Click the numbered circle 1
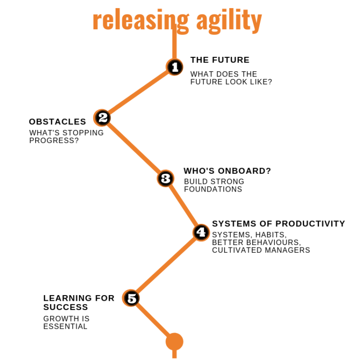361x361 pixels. point(175,67)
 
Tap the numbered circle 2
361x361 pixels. point(102,117)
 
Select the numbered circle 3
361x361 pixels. point(166,179)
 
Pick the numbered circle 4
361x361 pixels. point(201,232)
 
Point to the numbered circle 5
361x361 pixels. point(131,298)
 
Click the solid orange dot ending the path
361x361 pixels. point(174,342)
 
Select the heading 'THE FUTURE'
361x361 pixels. point(220,60)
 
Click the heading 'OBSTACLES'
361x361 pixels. point(57,122)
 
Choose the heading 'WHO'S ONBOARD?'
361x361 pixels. point(228,171)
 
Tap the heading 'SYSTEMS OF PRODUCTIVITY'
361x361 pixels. point(279,224)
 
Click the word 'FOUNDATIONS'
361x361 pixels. point(213,189)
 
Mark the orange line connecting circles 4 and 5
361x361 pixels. point(166,265)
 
